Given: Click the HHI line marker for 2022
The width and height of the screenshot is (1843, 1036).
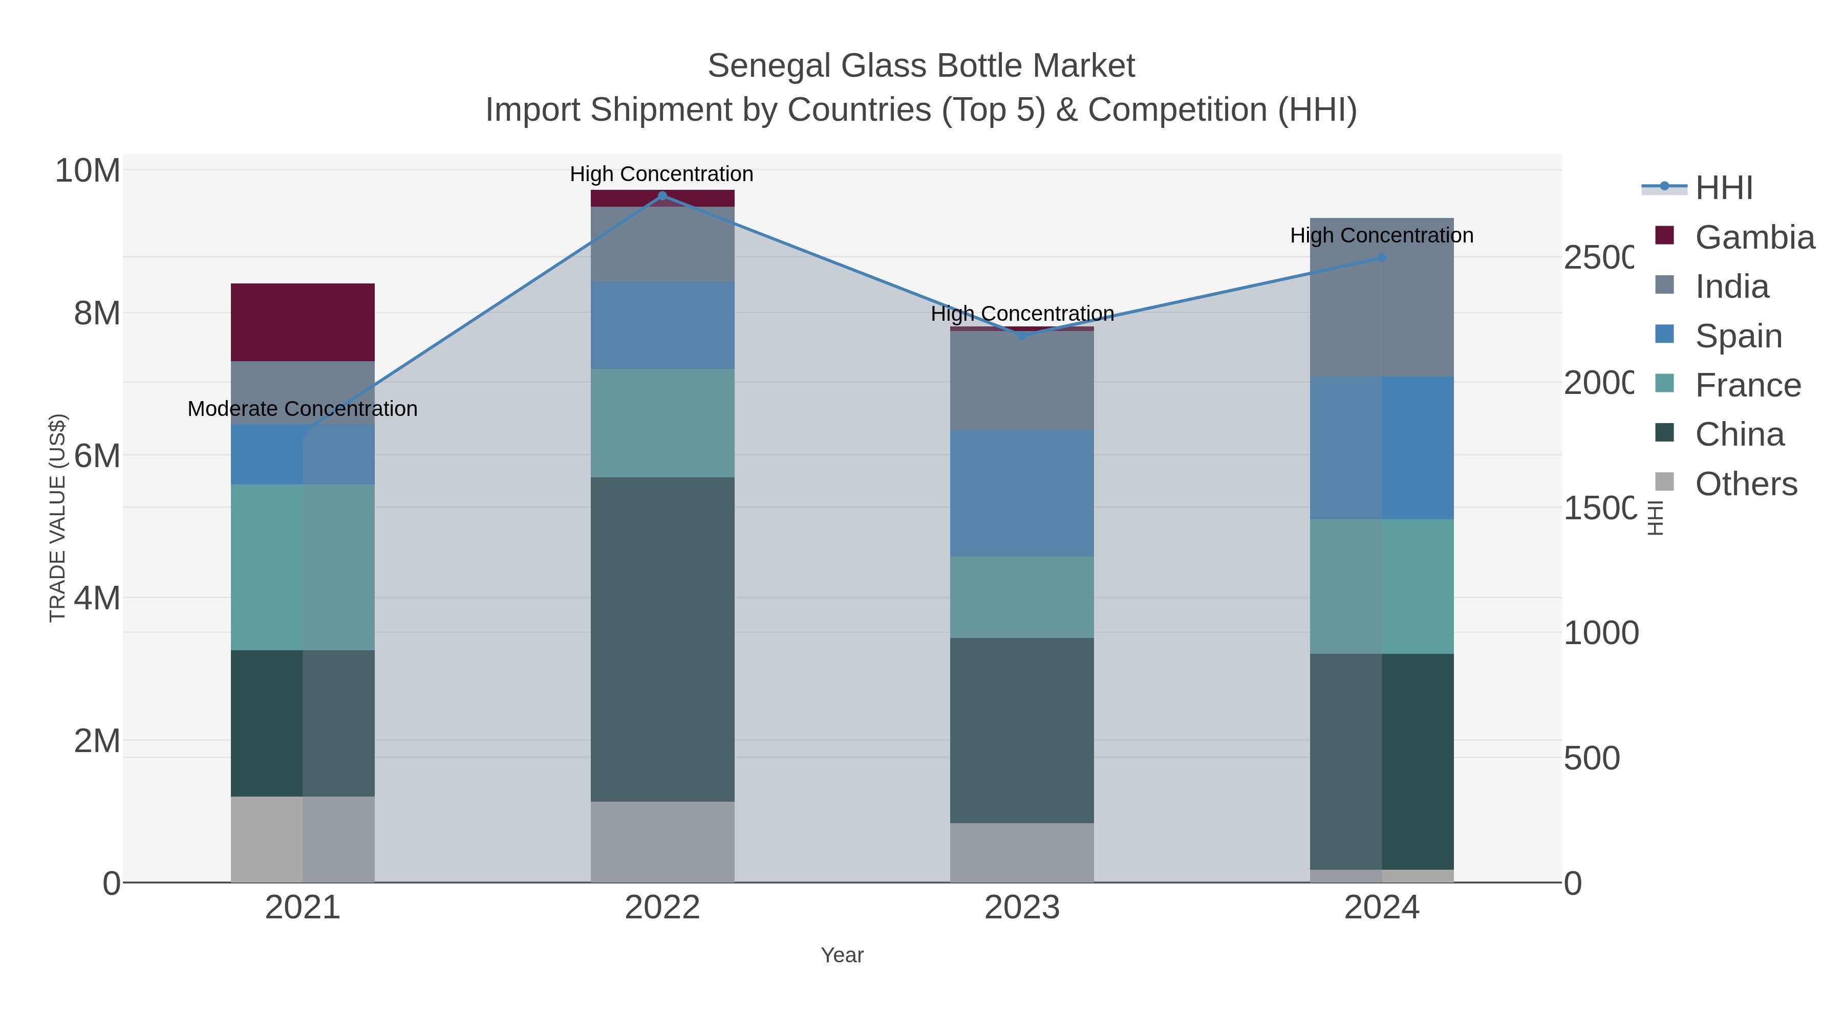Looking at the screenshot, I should [x=662, y=195].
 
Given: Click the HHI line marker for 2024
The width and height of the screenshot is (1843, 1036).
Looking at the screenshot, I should [x=1382, y=258].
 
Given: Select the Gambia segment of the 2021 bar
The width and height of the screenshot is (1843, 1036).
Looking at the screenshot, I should [x=303, y=322].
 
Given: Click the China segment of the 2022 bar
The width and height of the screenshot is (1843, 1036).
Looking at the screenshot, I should [x=662, y=638].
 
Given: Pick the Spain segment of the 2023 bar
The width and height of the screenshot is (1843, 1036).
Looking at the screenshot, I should [x=1022, y=493].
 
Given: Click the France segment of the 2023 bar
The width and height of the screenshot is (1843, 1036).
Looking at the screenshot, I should [x=1022, y=597].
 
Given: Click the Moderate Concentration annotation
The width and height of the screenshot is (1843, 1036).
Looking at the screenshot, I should [x=303, y=409].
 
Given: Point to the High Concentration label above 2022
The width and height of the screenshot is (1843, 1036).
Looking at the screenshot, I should [x=662, y=174].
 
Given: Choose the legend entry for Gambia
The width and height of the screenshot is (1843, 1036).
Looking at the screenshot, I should [x=1754, y=237].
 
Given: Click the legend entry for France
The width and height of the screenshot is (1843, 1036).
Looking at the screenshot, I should [x=1747, y=385].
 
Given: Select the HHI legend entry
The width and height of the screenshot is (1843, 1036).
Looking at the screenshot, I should [x=1724, y=187].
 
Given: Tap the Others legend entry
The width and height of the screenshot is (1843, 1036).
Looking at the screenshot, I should [x=1746, y=483].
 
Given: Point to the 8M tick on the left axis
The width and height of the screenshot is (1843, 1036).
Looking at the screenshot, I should [x=97, y=313].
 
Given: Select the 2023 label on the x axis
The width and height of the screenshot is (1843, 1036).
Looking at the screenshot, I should [x=1022, y=907].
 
